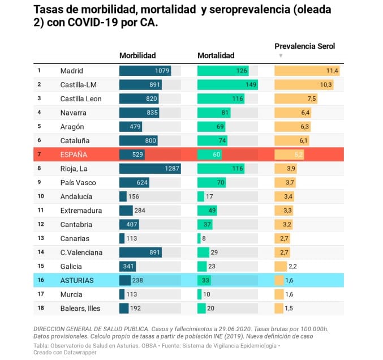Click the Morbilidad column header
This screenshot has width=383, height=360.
pyautogui.click(x=137, y=55)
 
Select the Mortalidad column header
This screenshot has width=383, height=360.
pyautogui.click(x=216, y=55)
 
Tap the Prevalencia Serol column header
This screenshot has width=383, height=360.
pyautogui.click(x=304, y=46)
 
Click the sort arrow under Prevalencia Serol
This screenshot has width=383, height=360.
pyautogui.click(x=280, y=55)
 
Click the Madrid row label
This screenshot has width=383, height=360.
pyautogui.click(x=72, y=71)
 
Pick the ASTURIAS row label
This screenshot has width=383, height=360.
pyautogui.click(x=77, y=280)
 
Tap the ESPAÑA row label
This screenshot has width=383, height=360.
pyautogui.click(x=74, y=155)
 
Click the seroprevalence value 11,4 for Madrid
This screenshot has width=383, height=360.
pyautogui.click(x=332, y=71)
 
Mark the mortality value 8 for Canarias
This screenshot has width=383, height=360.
pyautogui.click(x=204, y=238)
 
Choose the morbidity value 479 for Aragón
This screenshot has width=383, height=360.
pyautogui.click(x=135, y=126)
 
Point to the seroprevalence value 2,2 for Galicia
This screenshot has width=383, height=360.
pyautogui.click(x=292, y=266)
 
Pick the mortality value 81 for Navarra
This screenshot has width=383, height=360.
pyautogui.click(x=225, y=113)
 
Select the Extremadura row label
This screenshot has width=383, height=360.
pyautogui.click(x=81, y=211)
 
